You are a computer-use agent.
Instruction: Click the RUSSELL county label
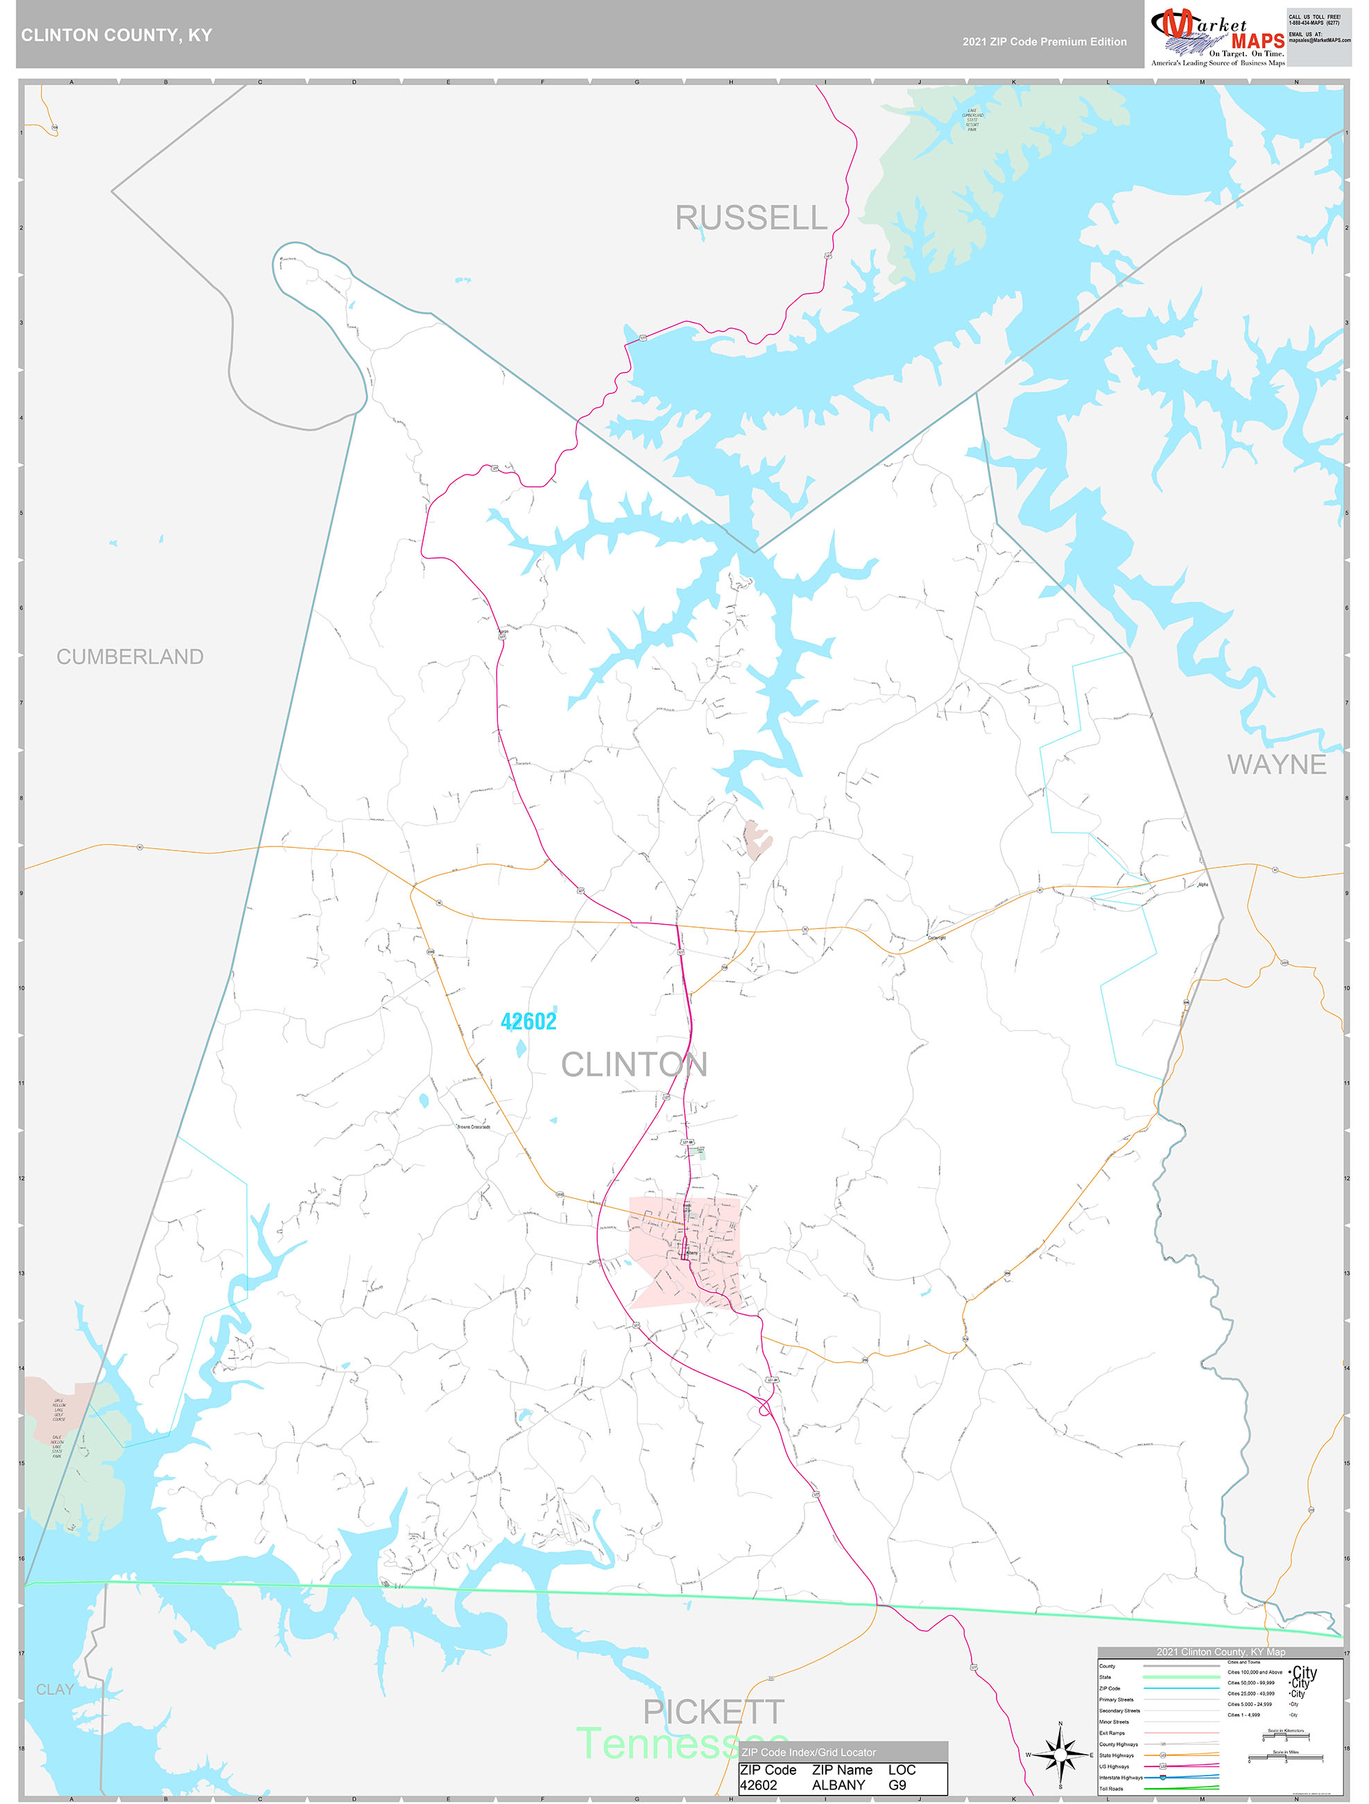[751, 218]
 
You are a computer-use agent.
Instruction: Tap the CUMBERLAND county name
[130, 656]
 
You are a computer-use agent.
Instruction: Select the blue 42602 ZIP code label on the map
[528, 1021]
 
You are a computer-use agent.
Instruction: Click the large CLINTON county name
[634, 1064]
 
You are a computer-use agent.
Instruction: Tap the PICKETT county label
[714, 1712]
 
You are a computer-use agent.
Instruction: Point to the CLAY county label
[55, 1689]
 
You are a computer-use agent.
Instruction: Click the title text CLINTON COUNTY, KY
[117, 35]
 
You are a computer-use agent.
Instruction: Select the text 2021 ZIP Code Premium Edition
[1044, 42]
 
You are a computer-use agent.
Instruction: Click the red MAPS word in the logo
[1257, 42]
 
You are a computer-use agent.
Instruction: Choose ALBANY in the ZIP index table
[838, 1785]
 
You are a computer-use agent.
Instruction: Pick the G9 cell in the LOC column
[897, 1785]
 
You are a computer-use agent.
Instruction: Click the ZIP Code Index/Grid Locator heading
[808, 1752]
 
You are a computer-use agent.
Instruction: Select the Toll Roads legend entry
[1110, 1789]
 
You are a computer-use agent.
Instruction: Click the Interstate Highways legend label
[1120, 1777]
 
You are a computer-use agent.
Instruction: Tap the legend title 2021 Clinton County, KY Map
[1221, 1651]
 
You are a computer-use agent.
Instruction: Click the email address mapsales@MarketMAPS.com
[1319, 40]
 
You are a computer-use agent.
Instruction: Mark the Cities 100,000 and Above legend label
[1254, 1672]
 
